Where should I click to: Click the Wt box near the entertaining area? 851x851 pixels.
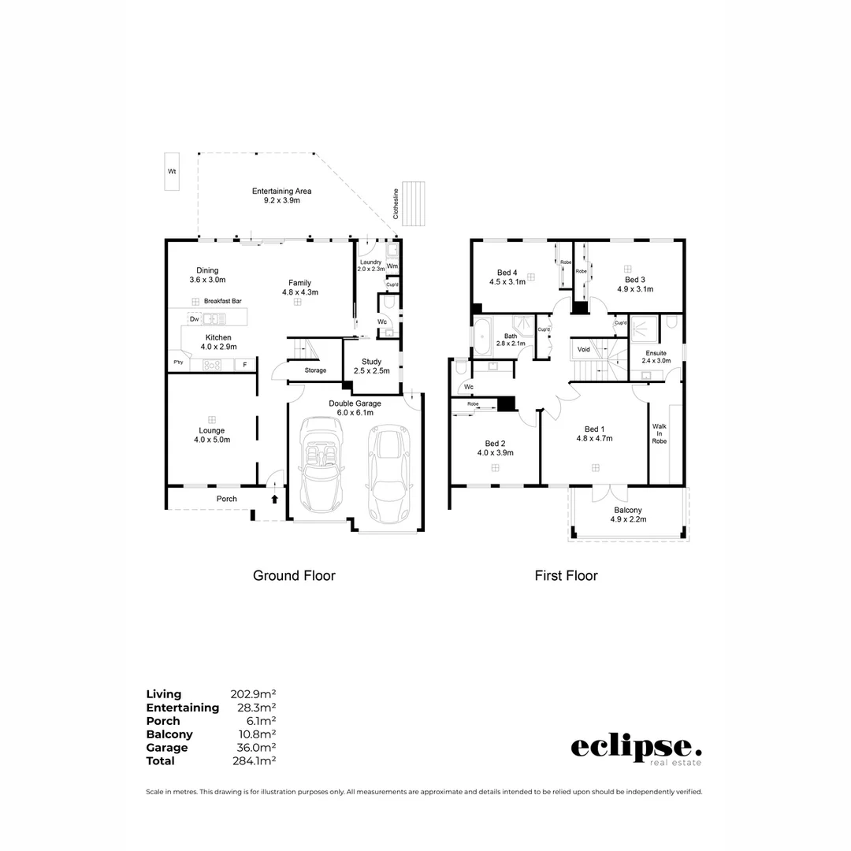(x=171, y=171)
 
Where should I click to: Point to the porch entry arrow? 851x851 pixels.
(x=274, y=499)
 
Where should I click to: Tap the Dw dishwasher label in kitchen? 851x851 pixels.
(x=194, y=318)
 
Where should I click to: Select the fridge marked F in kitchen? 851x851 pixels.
(x=244, y=365)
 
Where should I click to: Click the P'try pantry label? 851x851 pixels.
(x=178, y=362)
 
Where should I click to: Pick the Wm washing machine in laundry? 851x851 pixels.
(x=392, y=267)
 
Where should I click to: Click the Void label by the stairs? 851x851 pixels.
(x=583, y=349)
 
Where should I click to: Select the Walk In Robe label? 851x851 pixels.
(x=659, y=433)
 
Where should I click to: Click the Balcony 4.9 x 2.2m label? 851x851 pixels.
(x=629, y=515)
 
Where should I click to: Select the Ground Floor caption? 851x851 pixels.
(x=294, y=576)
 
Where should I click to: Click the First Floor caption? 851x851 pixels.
(x=566, y=576)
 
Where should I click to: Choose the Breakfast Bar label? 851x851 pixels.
(x=221, y=301)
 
